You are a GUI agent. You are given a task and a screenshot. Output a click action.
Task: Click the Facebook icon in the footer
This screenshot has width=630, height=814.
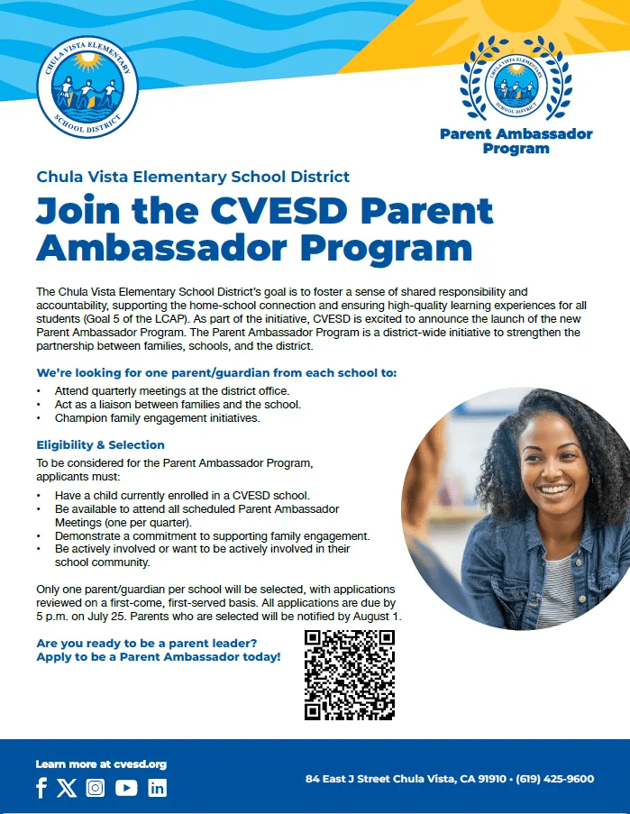pos(41,788)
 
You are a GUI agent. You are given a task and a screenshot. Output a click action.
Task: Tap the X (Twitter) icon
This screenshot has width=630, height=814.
pos(67,788)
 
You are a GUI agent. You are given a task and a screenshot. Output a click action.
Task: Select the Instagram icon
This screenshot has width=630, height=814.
pos(96,788)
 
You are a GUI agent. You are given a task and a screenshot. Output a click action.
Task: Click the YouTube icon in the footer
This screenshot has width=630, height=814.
pos(126,788)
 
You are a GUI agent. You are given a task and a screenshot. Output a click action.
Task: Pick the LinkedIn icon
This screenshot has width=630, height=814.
pos(158,788)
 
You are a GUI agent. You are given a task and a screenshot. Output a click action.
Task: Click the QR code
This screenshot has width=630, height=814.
pos(351,674)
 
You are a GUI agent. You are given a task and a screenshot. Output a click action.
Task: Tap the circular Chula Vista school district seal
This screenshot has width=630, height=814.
pos(87,87)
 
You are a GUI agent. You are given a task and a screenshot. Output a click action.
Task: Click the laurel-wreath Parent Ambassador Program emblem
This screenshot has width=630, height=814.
pos(516,81)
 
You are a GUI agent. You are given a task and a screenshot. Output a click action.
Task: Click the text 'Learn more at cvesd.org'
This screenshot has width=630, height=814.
pos(101,764)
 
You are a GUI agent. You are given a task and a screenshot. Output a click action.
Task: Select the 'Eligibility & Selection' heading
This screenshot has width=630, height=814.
pos(100,444)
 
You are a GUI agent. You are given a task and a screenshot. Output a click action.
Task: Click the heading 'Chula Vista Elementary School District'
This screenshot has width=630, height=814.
pos(193,177)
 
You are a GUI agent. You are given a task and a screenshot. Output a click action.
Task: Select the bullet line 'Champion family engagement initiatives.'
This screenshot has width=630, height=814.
pos(157,418)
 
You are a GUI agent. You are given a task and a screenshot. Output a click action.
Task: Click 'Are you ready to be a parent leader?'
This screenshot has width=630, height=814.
pos(147,643)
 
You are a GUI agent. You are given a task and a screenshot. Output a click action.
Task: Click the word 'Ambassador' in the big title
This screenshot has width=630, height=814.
pos(162,247)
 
